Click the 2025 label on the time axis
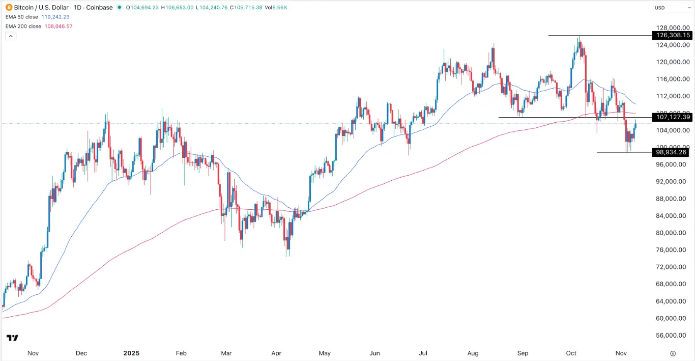click(x=131, y=353)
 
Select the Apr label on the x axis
click(x=276, y=353)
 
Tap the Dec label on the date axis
click(x=81, y=353)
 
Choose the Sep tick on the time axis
click(x=523, y=353)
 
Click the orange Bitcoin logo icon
click(x=9, y=8)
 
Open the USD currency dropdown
click(x=667, y=8)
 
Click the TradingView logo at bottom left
click(x=12, y=338)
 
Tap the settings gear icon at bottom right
click(x=673, y=353)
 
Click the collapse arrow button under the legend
click(x=10, y=36)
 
